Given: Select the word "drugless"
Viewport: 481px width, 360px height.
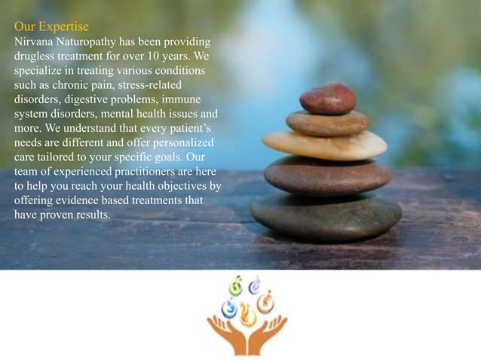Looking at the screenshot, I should (35, 55).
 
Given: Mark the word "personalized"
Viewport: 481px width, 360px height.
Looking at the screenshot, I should (182, 142).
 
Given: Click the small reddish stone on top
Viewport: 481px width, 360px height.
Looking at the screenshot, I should (327, 99).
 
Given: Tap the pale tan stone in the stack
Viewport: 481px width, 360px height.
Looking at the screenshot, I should (324, 145).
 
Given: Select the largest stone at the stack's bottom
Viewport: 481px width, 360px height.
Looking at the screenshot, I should (326, 216).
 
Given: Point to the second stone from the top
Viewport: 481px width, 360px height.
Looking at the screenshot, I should (327, 122).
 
